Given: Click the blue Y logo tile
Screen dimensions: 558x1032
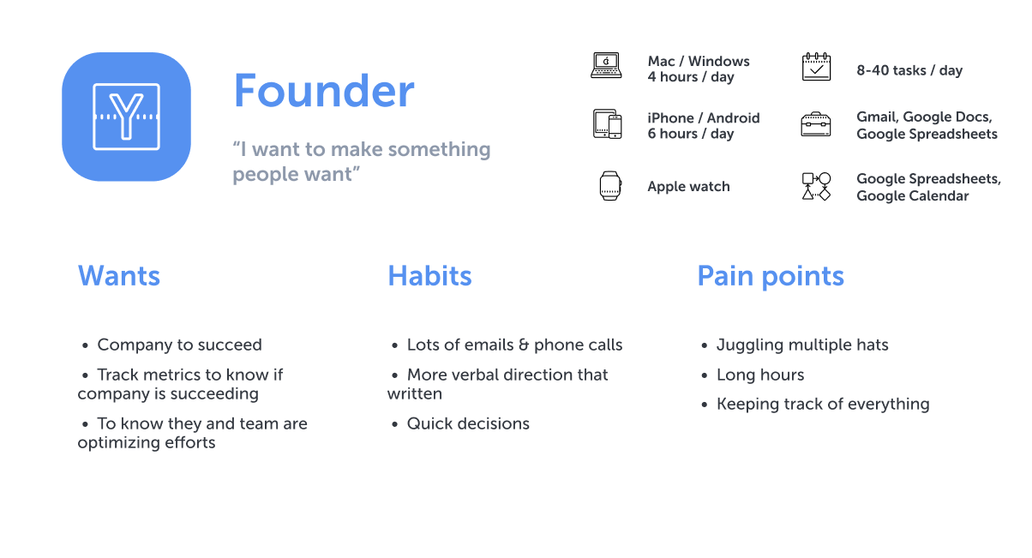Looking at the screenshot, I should pos(126,117).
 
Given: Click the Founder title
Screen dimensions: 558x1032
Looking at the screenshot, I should pos(323,91).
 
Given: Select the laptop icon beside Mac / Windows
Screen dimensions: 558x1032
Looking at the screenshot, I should pos(606,66).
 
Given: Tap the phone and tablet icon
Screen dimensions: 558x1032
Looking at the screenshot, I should pos(607,124).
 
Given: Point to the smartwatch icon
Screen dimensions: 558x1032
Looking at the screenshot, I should pos(609,186).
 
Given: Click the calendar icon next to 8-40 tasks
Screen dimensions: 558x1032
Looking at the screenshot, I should pos(816,67).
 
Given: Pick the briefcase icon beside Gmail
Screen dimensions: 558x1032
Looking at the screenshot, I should pos(816,125).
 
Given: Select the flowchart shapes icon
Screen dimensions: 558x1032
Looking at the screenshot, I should pos(816,186).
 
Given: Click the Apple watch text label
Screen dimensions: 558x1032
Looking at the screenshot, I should pos(688,187).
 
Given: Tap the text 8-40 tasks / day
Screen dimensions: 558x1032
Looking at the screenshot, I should pos(909,70).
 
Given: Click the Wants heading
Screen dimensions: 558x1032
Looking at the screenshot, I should pos(119,276).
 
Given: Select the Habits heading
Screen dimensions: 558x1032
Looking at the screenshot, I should pos(429,276).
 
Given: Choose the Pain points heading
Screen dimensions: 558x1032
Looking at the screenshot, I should pos(770,276).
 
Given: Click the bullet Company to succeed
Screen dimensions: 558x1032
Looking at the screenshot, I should pos(179,345).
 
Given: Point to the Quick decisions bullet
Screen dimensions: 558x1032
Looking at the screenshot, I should pos(468,424).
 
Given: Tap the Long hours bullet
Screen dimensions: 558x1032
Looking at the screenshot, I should pos(759,375).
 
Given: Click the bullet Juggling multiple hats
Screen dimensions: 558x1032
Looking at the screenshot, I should pos(801,345).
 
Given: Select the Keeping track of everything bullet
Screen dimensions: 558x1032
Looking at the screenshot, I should pos(822,405).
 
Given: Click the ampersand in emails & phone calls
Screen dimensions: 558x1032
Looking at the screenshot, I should pos(523,345).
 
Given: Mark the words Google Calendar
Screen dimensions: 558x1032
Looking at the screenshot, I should pos(912,196).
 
